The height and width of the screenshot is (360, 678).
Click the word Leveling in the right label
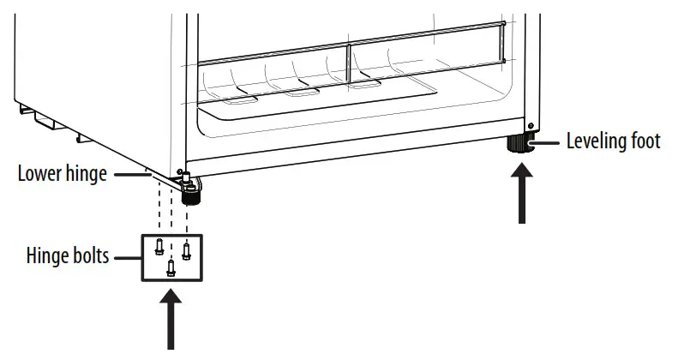pyautogui.click(x=597, y=141)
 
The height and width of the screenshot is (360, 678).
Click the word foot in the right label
pyautogui.click(x=645, y=141)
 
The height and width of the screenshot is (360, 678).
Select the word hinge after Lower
pyautogui.click(x=86, y=174)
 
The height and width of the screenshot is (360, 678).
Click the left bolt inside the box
pyautogui.click(x=159, y=247)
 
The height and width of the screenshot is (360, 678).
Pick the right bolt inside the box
pyautogui.click(x=186, y=251)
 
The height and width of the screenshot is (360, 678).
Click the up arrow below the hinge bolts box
pyautogui.click(x=172, y=318)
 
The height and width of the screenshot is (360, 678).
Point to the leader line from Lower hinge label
pyautogui.click(x=129, y=174)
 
